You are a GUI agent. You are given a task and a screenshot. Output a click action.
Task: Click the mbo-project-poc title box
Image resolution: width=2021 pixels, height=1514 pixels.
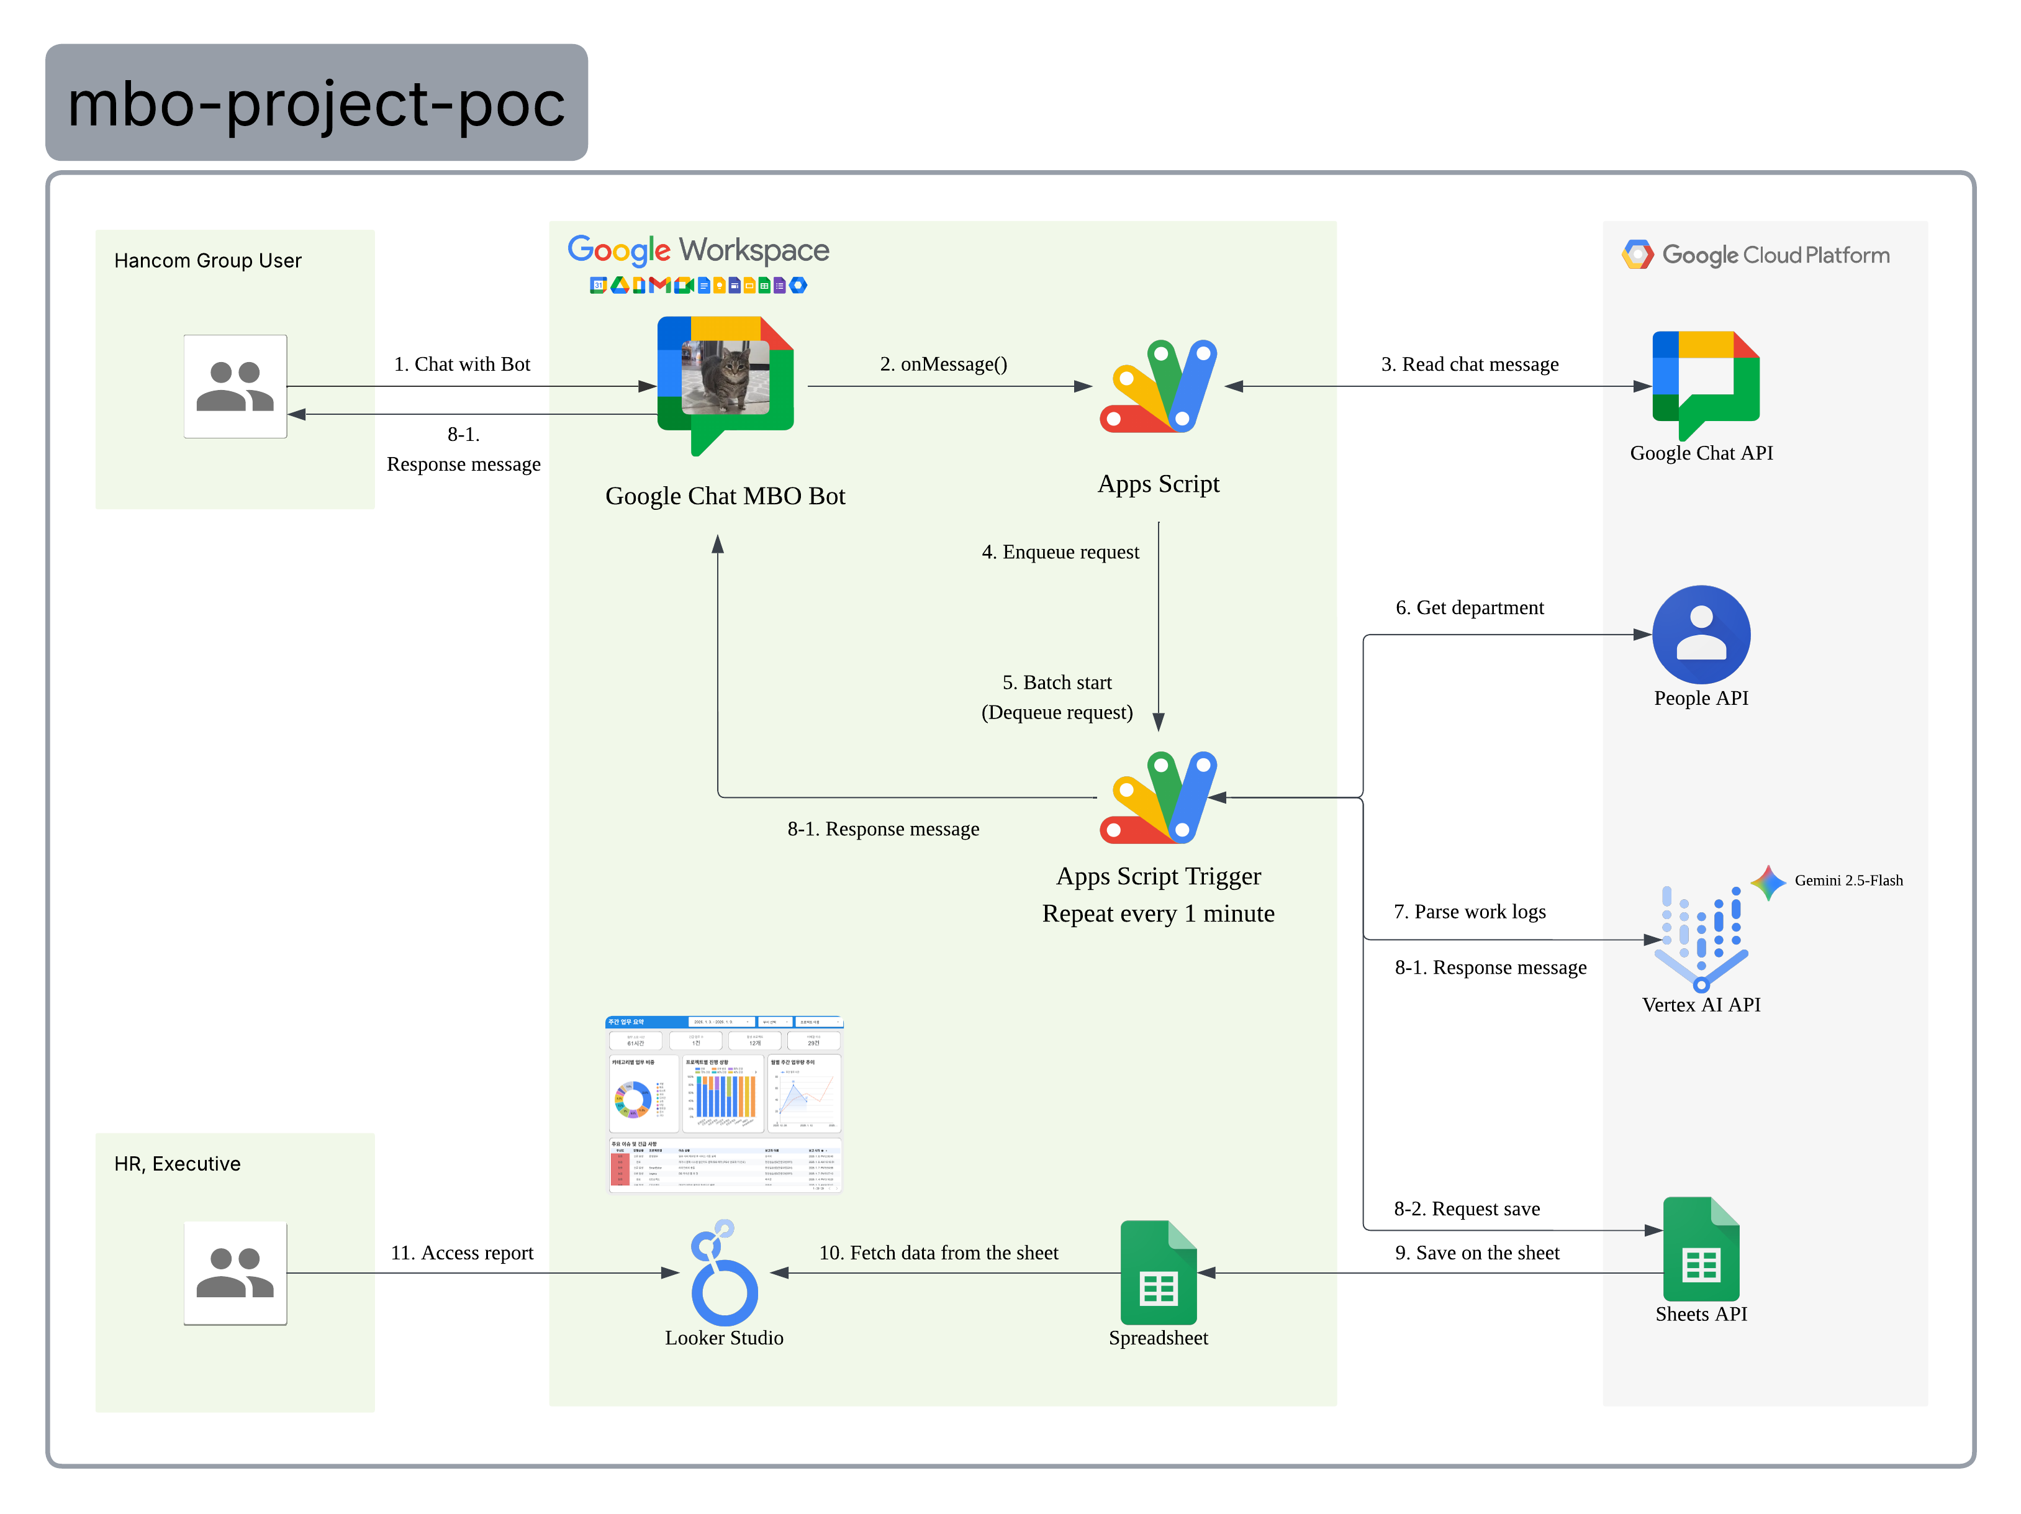point(316,102)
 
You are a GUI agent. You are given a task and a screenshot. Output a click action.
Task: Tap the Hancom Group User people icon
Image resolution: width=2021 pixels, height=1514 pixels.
point(235,386)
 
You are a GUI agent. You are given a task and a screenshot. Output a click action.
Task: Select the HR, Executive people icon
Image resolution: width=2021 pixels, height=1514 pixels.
point(235,1273)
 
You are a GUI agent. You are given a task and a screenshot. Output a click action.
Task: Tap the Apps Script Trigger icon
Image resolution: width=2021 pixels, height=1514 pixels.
point(1157,797)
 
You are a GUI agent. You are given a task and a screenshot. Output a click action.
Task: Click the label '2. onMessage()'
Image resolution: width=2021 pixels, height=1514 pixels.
point(943,364)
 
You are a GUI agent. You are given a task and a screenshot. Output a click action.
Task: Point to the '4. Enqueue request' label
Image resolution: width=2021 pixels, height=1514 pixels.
point(1060,552)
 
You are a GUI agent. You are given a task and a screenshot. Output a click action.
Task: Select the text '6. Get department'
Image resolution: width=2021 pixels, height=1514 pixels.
point(1469,607)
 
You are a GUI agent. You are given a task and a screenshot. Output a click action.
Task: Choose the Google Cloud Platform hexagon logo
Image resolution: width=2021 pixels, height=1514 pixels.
point(1637,255)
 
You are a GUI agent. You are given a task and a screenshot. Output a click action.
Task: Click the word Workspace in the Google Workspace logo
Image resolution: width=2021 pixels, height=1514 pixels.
point(754,250)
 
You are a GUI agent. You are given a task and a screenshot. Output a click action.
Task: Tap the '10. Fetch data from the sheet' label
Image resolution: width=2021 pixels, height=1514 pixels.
point(938,1253)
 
